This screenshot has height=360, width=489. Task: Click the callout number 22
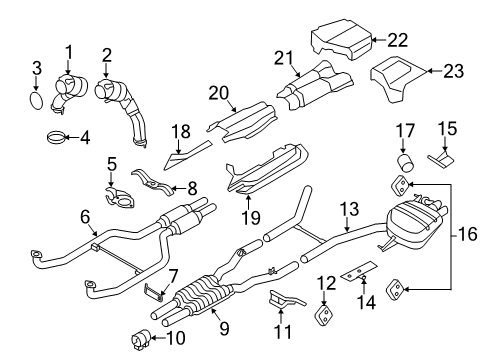click(397, 40)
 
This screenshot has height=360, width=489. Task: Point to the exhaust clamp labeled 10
click(141, 339)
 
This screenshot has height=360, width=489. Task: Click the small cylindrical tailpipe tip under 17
click(406, 163)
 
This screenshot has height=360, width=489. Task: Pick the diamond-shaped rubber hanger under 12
click(323, 314)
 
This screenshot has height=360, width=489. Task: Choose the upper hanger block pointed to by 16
click(399, 185)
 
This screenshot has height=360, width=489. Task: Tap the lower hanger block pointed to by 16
click(395, 289)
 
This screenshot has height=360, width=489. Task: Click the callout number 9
click(224, 328)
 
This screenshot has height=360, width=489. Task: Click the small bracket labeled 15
click(441, 159)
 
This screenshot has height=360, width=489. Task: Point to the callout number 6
click(85, 217)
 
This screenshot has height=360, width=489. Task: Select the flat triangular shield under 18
click(187, 155)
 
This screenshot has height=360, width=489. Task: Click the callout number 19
click(251, 218)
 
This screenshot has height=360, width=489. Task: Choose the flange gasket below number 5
click(119, 198)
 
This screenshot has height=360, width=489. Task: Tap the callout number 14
click(366, 302)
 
